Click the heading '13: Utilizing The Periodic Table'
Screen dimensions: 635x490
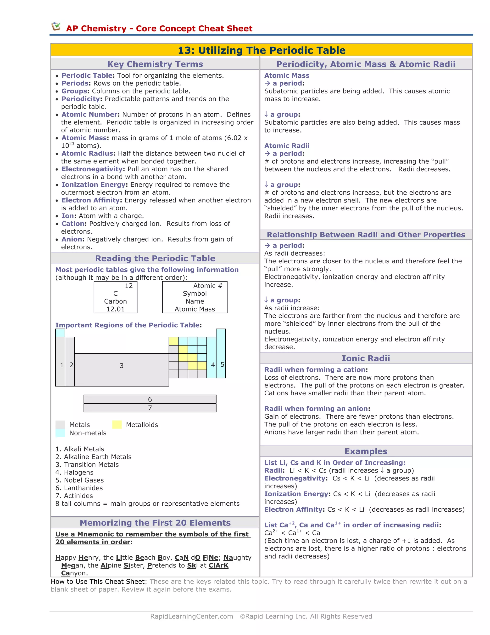[x=261, y=50]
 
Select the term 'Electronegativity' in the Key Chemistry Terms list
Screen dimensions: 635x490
[x=92, y=169]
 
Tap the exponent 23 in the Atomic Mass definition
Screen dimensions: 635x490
[x=72, y=144]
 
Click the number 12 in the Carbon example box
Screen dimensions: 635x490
[x=128, y=286]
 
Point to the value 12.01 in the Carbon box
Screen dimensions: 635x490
[x=115, y=309]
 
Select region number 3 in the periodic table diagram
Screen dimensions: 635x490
[x=122, y=365]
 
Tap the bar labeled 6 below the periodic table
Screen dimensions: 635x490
[x=150, y=399]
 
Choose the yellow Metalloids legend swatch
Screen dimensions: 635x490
[x=117, y=425]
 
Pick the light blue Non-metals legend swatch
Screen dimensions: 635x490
[x=60, y=433]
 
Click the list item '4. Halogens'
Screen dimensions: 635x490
[x=74, y=472]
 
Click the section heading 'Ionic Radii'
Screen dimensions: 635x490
[x=366, y=358]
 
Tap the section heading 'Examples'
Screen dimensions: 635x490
[x=366, y=451]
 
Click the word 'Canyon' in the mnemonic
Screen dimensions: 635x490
[x=74, y=573]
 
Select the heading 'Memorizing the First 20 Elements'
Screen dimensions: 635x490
[x=155, y=523]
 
